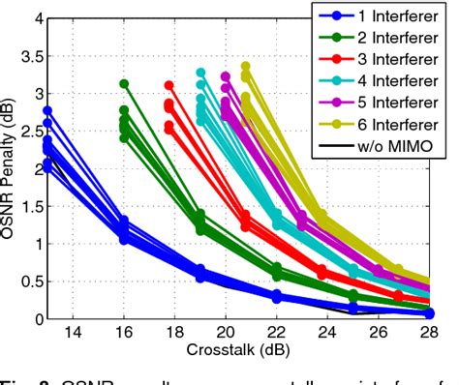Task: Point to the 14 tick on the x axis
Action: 72,333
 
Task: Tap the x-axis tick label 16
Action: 123,333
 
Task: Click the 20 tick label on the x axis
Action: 226,333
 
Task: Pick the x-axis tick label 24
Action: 327,333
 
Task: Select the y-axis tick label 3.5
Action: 31,56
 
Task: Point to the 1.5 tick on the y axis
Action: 31,206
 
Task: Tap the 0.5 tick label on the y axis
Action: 31,281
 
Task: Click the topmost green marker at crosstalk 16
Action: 124,84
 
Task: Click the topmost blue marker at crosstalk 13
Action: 46,111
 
